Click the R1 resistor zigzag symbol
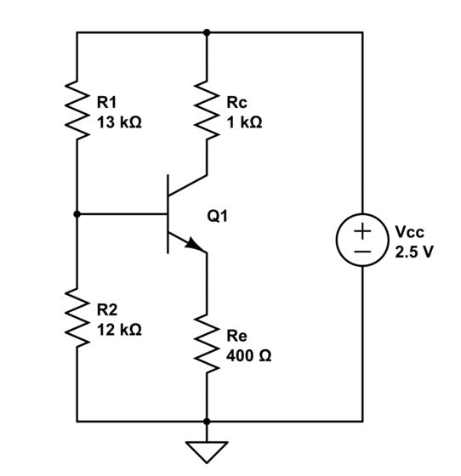[x=77, y=111]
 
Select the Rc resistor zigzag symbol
[x=207, y=111]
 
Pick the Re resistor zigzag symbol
[x=207, y=344]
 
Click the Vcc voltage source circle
[x=363, y=241]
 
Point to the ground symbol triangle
[x=207, y=449]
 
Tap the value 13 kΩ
[x=119, y=122]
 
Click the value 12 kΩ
[x=119, y=330]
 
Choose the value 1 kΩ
[x=244, y=122]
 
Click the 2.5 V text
[x=414, y=252]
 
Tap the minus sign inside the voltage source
[x=363, y=252]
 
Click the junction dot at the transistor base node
[x=77, y=215]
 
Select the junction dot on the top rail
[x=207, y=32]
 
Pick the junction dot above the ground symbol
[x=207, y=421]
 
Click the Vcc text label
[x=409, y=232]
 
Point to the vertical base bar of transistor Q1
[x=168, y=214]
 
